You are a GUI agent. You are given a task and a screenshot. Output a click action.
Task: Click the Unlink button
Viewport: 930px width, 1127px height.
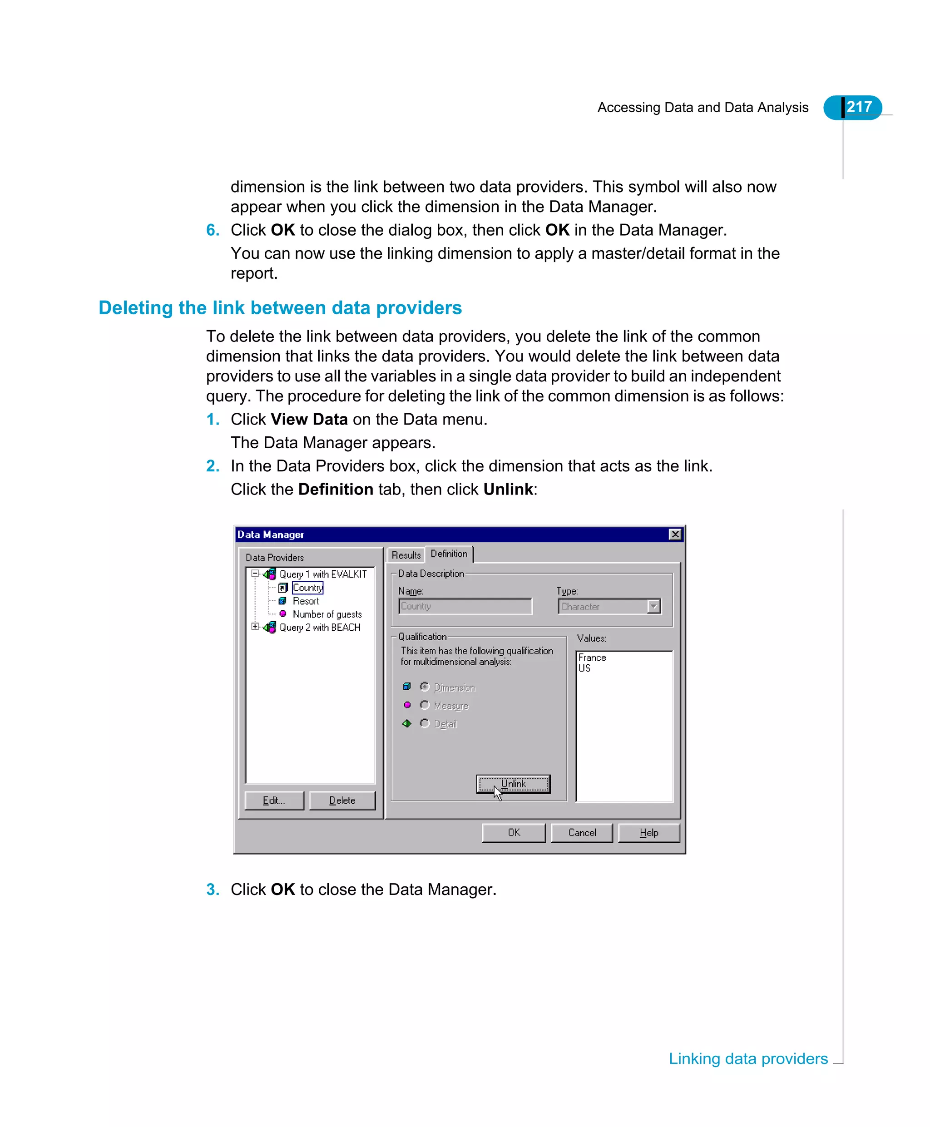coord(513,784)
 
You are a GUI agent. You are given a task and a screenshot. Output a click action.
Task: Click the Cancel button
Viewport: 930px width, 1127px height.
coord(582,832)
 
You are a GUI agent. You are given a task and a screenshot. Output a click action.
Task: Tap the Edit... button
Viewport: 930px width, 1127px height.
coord(274,800)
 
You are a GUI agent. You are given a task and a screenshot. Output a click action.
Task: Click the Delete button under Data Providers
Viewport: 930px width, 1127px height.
coord(342,800)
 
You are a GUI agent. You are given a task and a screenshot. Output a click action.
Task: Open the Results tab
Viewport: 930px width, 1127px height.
coord(406,555)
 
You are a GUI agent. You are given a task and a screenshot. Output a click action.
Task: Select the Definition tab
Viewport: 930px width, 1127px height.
coord(448,554)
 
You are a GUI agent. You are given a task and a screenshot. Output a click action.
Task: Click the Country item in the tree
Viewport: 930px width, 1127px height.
coord(307,588)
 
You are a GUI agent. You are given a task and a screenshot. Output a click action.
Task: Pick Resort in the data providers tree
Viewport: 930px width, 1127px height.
coord(305,601)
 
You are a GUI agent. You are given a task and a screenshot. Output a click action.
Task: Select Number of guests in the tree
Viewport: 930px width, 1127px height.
coord(327,614)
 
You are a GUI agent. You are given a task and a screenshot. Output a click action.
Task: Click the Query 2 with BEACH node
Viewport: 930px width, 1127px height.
coord(320,627)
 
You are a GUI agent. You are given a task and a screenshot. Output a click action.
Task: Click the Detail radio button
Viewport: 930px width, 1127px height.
coord(425,723)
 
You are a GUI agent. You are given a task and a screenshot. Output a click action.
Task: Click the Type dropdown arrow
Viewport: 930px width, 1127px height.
coord(653,606)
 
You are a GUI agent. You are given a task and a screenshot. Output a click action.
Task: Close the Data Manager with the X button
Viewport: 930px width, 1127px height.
coord(675,534)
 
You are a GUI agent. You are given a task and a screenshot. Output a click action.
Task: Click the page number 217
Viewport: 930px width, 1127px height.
coord(859,107)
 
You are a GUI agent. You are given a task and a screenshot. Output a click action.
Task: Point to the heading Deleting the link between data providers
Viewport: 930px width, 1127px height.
coord(280,308)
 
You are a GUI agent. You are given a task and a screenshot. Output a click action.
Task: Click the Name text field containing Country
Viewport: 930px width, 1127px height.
coord(465,606)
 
